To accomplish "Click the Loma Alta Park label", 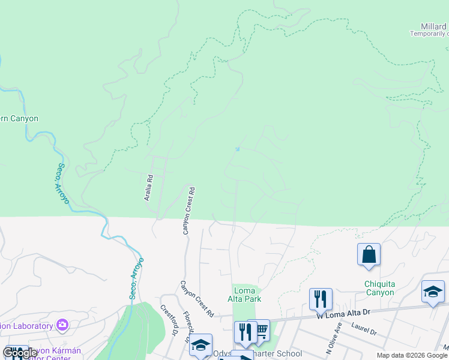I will [x=245, y=295].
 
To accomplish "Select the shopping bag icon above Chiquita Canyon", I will [x=369, y=254].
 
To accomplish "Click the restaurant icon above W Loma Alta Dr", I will [x=321, y=299].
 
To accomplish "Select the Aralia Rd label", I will [x=149, y=187].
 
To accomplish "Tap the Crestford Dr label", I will [x=170, y=319].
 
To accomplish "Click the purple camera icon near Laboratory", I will [x=62, y=325].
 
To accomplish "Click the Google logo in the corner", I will [x=20, y=353].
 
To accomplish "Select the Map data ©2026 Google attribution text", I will [x=412, y=355].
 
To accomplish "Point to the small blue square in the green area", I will [x=238, y=149].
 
